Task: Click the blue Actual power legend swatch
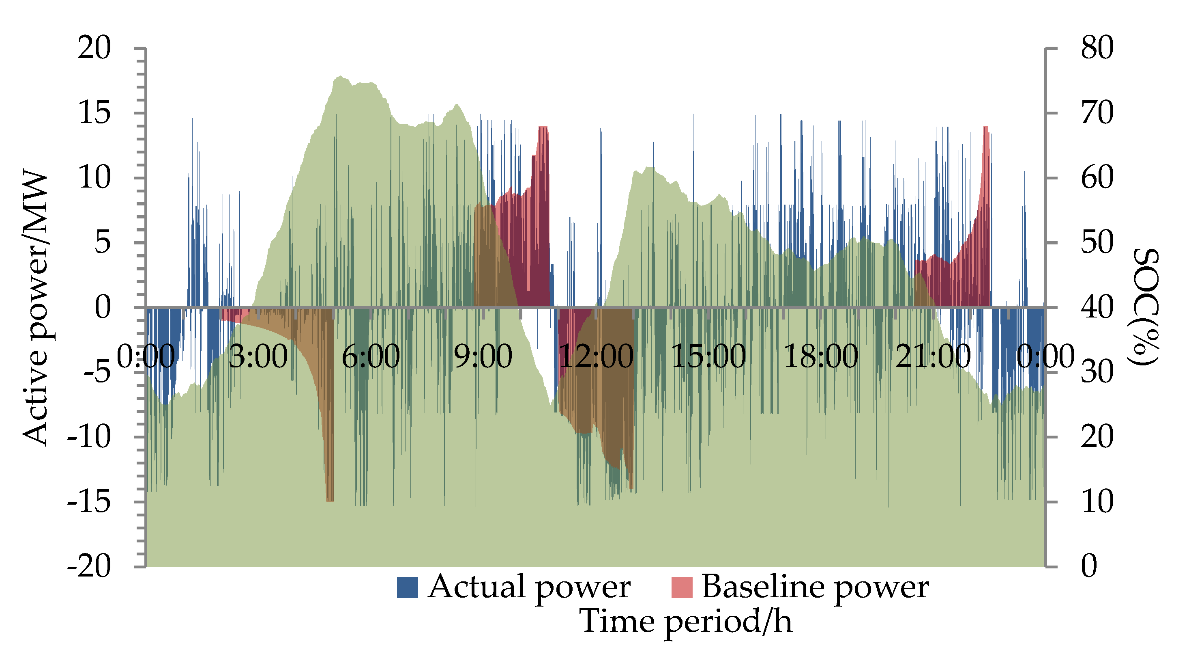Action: [407, 587]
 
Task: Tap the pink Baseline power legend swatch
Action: [682, 587]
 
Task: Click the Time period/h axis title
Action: [686, 621]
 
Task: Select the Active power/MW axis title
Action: [36, 309]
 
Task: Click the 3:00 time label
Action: [258, 356]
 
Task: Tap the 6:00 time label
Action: [371, 356]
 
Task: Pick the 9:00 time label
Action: [483, 356]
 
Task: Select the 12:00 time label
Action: [596, 356]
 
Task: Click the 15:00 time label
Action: [708, 356]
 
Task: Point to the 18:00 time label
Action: [821, 356]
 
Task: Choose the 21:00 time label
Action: [933, 356]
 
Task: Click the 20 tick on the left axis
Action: [94, 48]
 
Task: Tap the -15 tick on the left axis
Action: [89, 501]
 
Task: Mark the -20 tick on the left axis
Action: [89, 566]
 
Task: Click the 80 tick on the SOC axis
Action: [1097, 48]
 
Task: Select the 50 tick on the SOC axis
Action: [1097, 242]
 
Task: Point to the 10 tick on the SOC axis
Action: [1097, 501]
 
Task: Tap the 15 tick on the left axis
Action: [94, 113]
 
